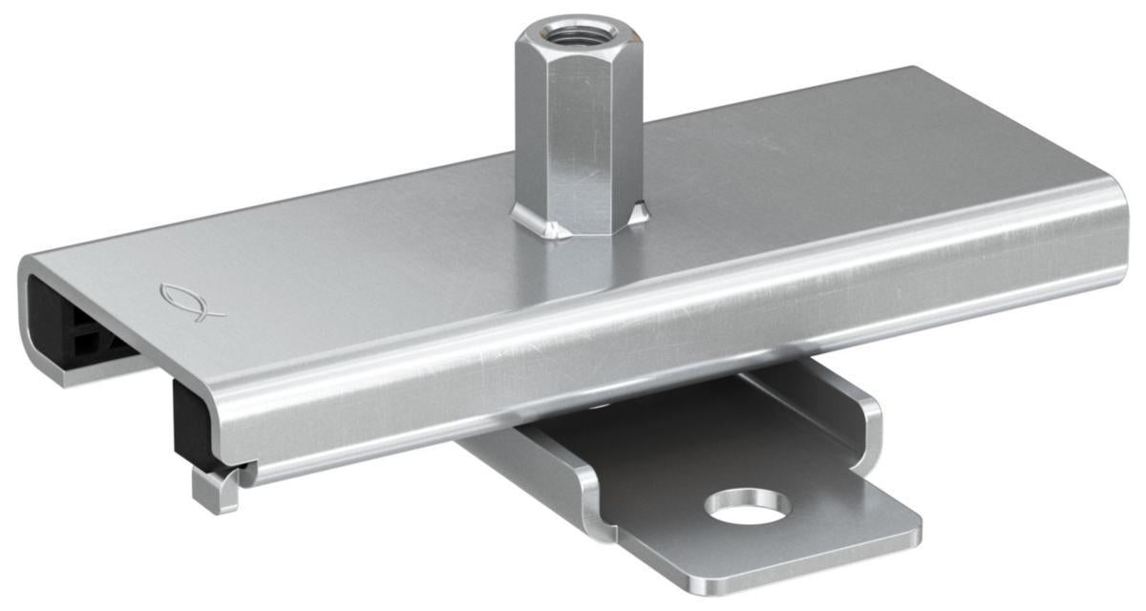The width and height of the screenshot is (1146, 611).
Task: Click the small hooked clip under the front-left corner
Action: tap(215, 489)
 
